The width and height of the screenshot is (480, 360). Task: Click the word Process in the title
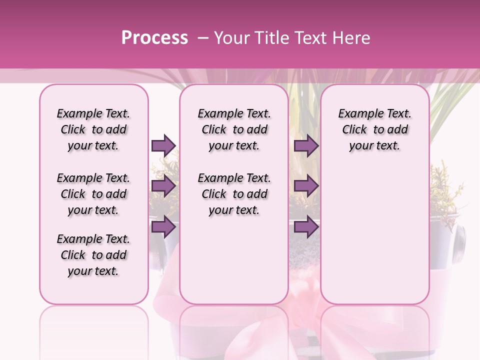(154, 38)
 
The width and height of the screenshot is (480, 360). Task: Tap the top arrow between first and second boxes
(163, 145)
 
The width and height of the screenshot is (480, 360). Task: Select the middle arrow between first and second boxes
(163, 186)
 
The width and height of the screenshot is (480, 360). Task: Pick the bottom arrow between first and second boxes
(163, 227)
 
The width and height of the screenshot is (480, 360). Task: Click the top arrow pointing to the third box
(306, 145)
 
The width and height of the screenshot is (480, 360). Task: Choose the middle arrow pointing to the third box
(306, 186)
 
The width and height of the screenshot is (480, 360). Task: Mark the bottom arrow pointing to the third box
(306, 227)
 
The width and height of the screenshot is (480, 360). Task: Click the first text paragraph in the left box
(93, 129)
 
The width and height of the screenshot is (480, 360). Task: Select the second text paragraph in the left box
(93, 194)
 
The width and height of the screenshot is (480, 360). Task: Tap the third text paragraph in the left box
(93, 255)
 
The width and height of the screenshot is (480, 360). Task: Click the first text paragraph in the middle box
(234, 129)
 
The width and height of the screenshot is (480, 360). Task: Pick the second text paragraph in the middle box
(234, 194)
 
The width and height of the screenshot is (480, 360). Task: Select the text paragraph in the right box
(375, 129)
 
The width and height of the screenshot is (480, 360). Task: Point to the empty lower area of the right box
(375, 235)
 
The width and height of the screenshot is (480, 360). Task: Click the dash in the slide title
(202, 38)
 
